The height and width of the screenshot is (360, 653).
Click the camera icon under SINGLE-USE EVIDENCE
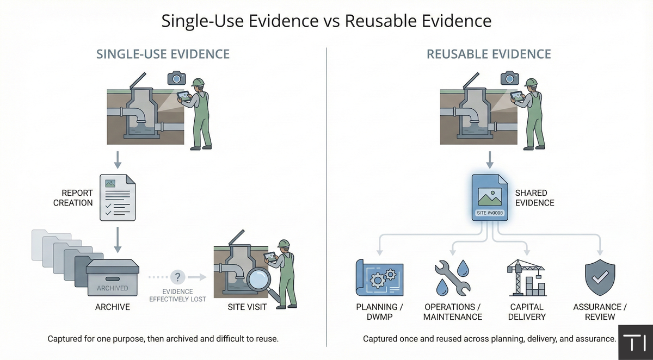(176, 78)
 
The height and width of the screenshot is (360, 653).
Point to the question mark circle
(177, 277)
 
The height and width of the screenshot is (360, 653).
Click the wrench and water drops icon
(453, 277)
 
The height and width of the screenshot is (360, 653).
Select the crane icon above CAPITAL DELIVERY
(526, 277)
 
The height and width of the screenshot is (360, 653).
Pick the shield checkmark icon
(600, 278)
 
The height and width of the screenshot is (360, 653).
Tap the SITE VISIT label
(248, 307)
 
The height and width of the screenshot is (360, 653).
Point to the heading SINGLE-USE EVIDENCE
(163, 54)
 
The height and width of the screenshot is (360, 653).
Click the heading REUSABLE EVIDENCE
(489, 54)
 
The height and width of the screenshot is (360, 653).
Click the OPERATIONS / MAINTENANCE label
(453, 312)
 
